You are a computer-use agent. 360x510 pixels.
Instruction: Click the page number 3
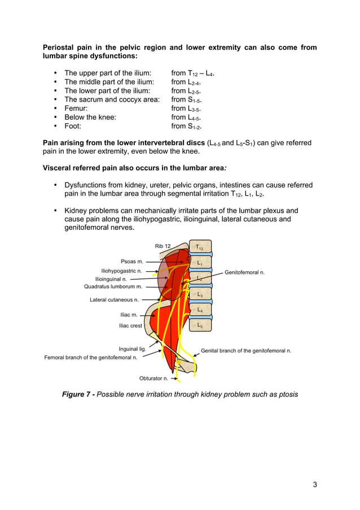[x=314, y=484]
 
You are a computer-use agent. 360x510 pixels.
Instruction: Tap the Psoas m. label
[x=132, y=261]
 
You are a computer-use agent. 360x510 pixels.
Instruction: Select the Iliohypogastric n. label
[x=121, y=271]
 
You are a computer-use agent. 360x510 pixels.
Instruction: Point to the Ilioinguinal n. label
[x=111, y=279]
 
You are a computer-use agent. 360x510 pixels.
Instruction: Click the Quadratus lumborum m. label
[x=113, y=287]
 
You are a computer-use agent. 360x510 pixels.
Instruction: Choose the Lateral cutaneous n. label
[x=114, y=300]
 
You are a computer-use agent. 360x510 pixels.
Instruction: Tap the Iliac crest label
[x=130, y=326]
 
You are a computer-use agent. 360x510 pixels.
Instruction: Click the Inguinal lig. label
[x=132, y=349]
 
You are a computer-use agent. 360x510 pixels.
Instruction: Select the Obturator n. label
[x=153, y=378]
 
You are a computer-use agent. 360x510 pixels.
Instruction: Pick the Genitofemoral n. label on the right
[x=245, y=273]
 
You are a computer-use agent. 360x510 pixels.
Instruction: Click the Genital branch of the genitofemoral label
[x=246, y=351]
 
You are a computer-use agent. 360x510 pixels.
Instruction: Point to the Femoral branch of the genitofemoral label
[x=91, y=358]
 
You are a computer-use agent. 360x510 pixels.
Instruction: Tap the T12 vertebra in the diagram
[x=200, y=247]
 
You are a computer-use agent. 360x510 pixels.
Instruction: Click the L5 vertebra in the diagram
[x=200, y=325]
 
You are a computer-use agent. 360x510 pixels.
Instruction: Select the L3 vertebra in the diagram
[x=200, y=294]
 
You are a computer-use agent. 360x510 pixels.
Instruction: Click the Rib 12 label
[x=163, y=246]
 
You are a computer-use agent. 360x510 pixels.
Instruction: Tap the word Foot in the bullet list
[x=73, y=127]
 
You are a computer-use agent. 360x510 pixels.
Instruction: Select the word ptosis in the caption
[x=286, y=394]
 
